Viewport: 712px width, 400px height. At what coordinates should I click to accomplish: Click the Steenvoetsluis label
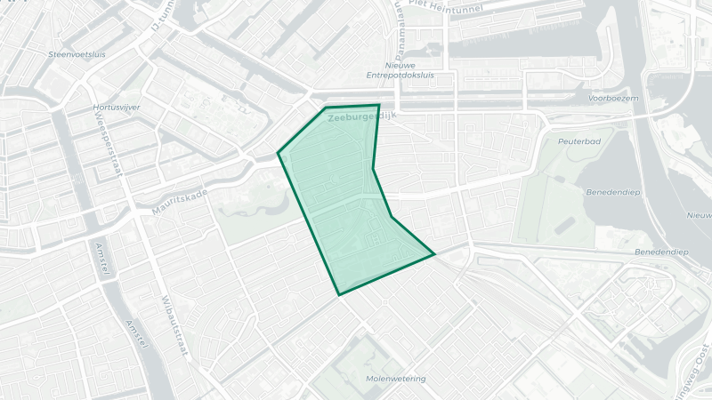tap(77, 54)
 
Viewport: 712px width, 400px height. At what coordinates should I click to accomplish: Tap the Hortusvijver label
tap(117, 107)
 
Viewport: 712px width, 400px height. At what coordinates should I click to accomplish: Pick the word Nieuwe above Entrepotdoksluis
tap(400, 66)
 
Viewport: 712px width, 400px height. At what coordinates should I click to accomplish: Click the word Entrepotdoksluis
tap(400, 76)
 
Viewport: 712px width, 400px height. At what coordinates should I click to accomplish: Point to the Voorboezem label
tap(614, 99)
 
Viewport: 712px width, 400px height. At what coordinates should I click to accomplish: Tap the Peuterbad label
tap(579, 141)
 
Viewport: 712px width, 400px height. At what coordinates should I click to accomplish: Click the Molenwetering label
tap(395, 379)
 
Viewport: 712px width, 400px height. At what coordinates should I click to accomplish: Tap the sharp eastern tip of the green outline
tap(434, 255)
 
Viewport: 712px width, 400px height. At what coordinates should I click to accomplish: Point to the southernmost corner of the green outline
tap(338, 294)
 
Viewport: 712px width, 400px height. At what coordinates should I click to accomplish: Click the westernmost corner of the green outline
tap(279, 153)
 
